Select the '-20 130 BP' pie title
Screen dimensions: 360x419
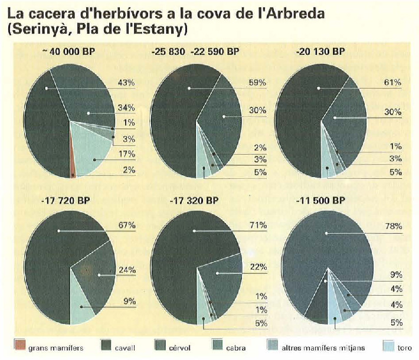click(x=322, y=52)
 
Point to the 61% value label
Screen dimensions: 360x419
click(x=393, y=83)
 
